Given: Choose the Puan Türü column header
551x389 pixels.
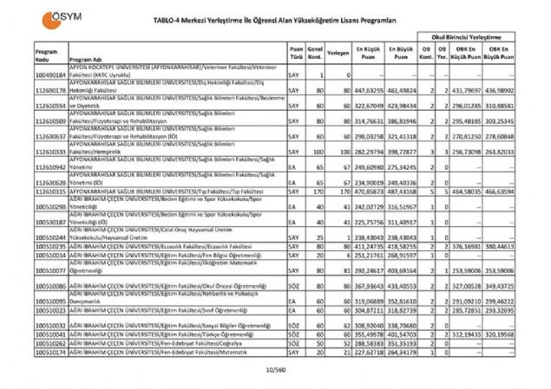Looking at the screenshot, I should coord(298,52).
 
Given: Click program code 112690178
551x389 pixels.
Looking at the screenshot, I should coord(50,89).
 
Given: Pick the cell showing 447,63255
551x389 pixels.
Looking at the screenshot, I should coord(369,89).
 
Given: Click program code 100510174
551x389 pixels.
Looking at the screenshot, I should coord(50,353).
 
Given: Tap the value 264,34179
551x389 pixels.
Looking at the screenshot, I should coord(402,353).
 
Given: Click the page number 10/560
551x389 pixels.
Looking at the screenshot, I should coord(274,370).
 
